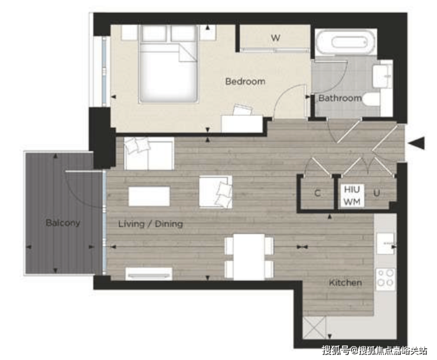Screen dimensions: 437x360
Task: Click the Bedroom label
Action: click(x=245, y=82)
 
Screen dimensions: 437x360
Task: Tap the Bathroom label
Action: click(x=340, y=98)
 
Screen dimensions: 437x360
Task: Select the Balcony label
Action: click(x=63, y=223)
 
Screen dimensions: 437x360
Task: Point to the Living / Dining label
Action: click(x=151, y=224)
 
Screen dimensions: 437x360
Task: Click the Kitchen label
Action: click(x=345, y=283)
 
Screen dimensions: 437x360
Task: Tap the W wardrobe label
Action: click(x=275, y=38)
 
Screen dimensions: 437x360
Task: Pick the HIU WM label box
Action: click(x=352, y=195)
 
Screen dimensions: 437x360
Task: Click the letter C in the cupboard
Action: click(x=317, y=193)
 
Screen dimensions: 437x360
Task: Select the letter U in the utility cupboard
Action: click(x=377, y=193)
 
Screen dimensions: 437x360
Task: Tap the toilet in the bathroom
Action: click(x=372, y=100)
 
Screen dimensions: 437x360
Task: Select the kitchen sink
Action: click(x=386, y=244)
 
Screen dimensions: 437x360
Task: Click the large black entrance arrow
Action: click(x=417, y=144)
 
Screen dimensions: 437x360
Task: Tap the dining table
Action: click(x=249, y=257)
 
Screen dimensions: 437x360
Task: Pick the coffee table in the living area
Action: click(x=149, y=196)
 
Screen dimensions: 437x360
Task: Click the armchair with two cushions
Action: click(x=216, y=192)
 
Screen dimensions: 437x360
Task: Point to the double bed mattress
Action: click(x=168, y=73)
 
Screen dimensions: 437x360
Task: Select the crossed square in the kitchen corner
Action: click(x=314, y=327)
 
